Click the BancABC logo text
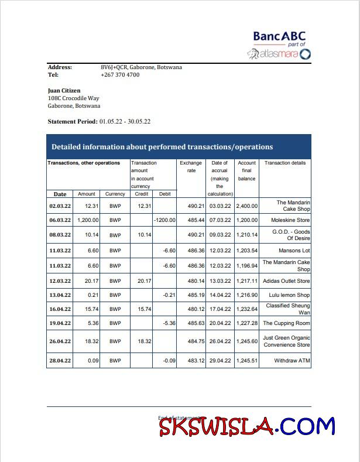(x=279, y=37)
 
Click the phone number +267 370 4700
(x=120, y=75)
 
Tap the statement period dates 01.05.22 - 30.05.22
(x=125, y=121)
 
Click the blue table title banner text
(x=162, y=147)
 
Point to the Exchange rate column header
(x=191, y=167)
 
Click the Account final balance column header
(x=246, y=170)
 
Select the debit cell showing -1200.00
(x=164, y=220)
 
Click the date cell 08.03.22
(x=60, y=235)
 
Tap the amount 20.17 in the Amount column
(x=91, y=281)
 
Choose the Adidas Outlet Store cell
(x=286, y=281)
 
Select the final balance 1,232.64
(x=246, y=309)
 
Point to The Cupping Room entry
(x=286, y=323)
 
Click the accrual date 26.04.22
(x=220, y=341)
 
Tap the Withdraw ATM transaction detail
(x=292, y=361)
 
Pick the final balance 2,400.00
(x=246, y=206)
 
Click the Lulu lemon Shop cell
(x=287, y=295)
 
